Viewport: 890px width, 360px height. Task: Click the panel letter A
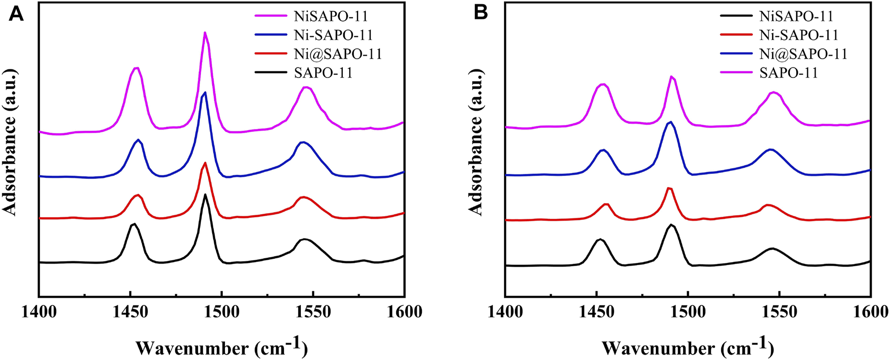pyautogui.click(x=16, y=13)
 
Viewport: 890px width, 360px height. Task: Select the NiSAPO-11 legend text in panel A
pyautogui.click(x=330, y=16)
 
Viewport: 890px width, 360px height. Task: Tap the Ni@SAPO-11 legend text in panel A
pyautogui.click(x=338, y=54)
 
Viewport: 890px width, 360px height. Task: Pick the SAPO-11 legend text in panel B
pyautogui.click(x=789, y=72)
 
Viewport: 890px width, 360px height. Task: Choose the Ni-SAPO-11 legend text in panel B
pyautogui.click(x=799, y=35)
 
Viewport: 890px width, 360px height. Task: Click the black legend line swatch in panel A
pyautogui.click(x=270, y=72)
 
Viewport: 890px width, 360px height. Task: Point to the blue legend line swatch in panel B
pyautogui.click(x=736, y=54)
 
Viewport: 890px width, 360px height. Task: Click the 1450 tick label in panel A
pyautogui.click(x=130, y=312)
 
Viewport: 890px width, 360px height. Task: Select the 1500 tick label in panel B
pyautogui.click(x=688, y=312)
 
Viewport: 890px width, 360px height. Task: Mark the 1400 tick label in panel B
pyautogui.click(x=505, y=312)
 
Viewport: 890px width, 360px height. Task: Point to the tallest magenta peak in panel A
pyautogui.click(x=205, y=33)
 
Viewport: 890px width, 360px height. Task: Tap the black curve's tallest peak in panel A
pyautogui.click(x=205, y=195)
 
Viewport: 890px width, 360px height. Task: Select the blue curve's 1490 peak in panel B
pyautogui.click(x=670, y=122)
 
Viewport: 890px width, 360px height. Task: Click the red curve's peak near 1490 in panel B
pyautogui.click(x=669, y=188)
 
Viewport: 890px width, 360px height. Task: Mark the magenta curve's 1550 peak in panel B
pyautogui.click(x=774, y=92)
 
